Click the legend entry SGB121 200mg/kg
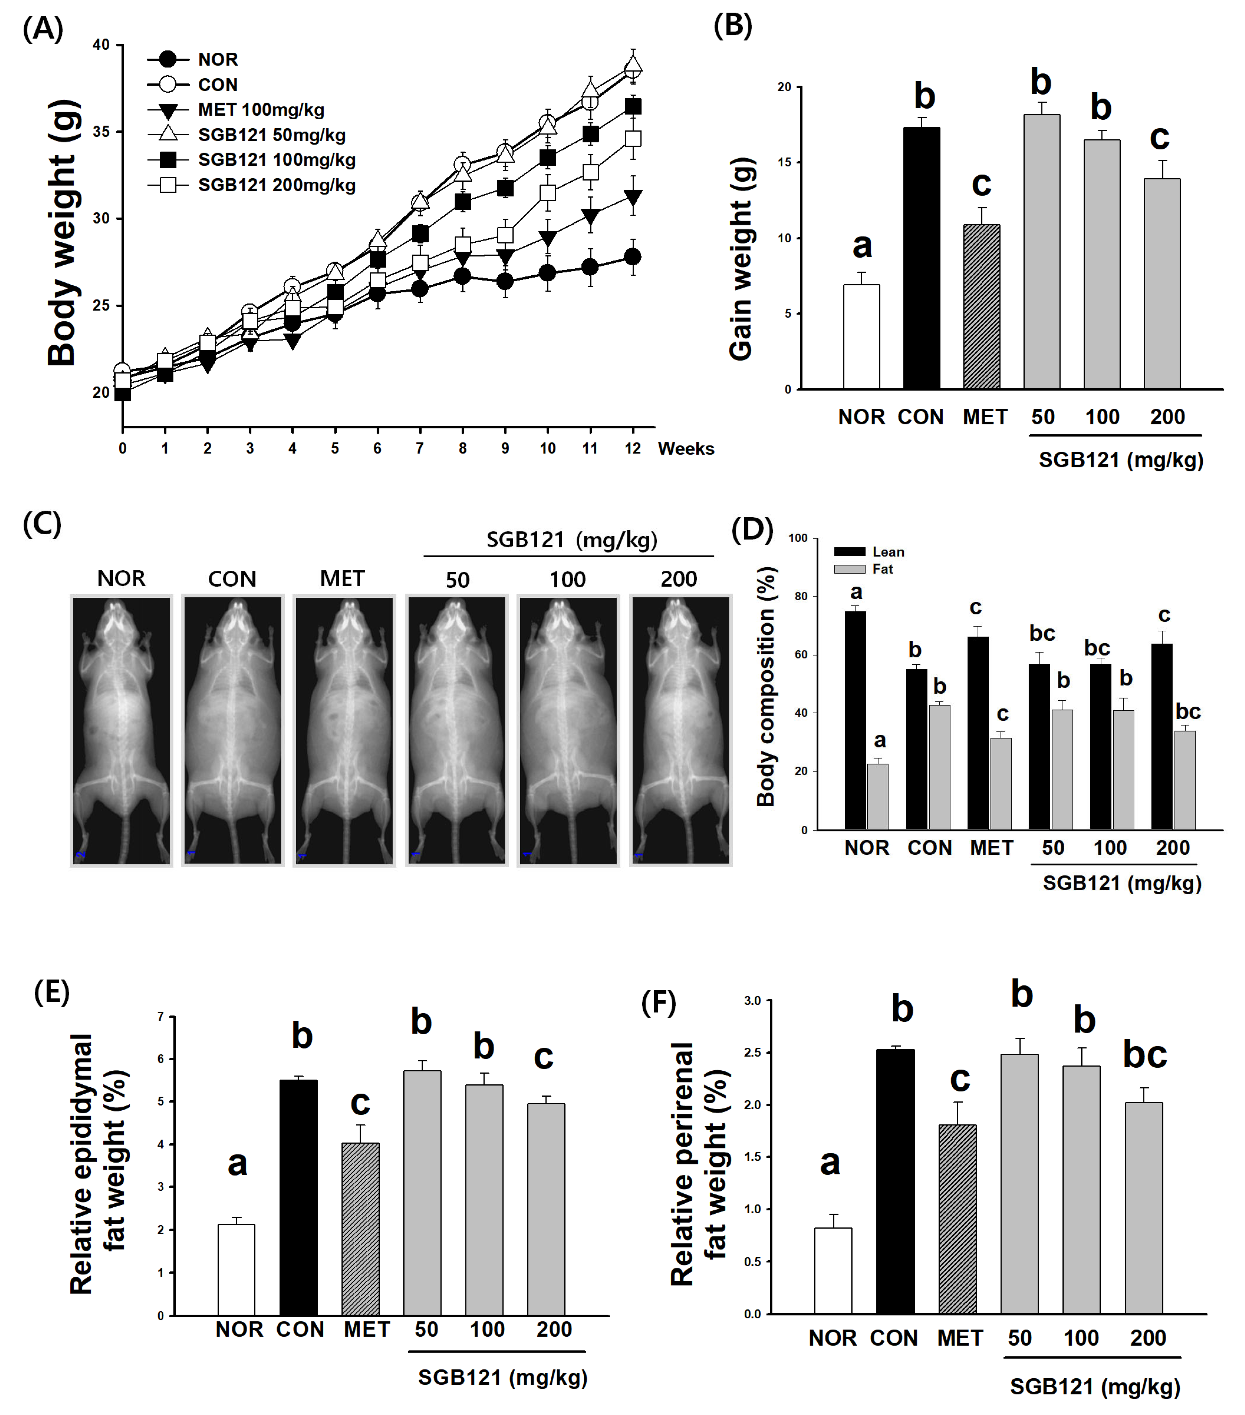pyautogui.click(x=276, y=185)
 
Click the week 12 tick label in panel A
pyautogui.click(x=632, y=449)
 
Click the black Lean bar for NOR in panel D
pyautogui.click(x=855, y=720)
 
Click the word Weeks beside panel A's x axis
pyautogui.click(x=686, y=449)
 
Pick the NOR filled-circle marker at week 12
pyautogui.click(x=632, y=257)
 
